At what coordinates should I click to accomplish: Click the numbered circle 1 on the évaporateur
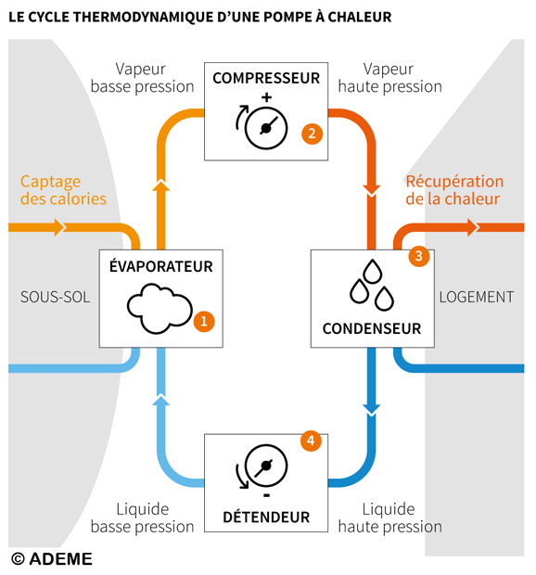[x=204, y=321]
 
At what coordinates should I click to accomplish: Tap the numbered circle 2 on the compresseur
[x=312, y=133]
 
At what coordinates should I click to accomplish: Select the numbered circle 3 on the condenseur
[x=418, y=256]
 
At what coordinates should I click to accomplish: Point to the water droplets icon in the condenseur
[x=370, y=286]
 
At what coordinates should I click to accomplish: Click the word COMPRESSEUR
[x=266, y=78]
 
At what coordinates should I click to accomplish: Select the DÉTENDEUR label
[x=266, y=517]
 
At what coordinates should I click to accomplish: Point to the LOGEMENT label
[x=476, y=297]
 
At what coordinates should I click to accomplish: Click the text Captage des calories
[x=63, y=190]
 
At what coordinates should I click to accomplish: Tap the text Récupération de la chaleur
[x=454, y=190]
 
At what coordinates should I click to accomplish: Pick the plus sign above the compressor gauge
[x=266, y=97]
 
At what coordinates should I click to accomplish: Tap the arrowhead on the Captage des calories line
[x=60, y=227]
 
